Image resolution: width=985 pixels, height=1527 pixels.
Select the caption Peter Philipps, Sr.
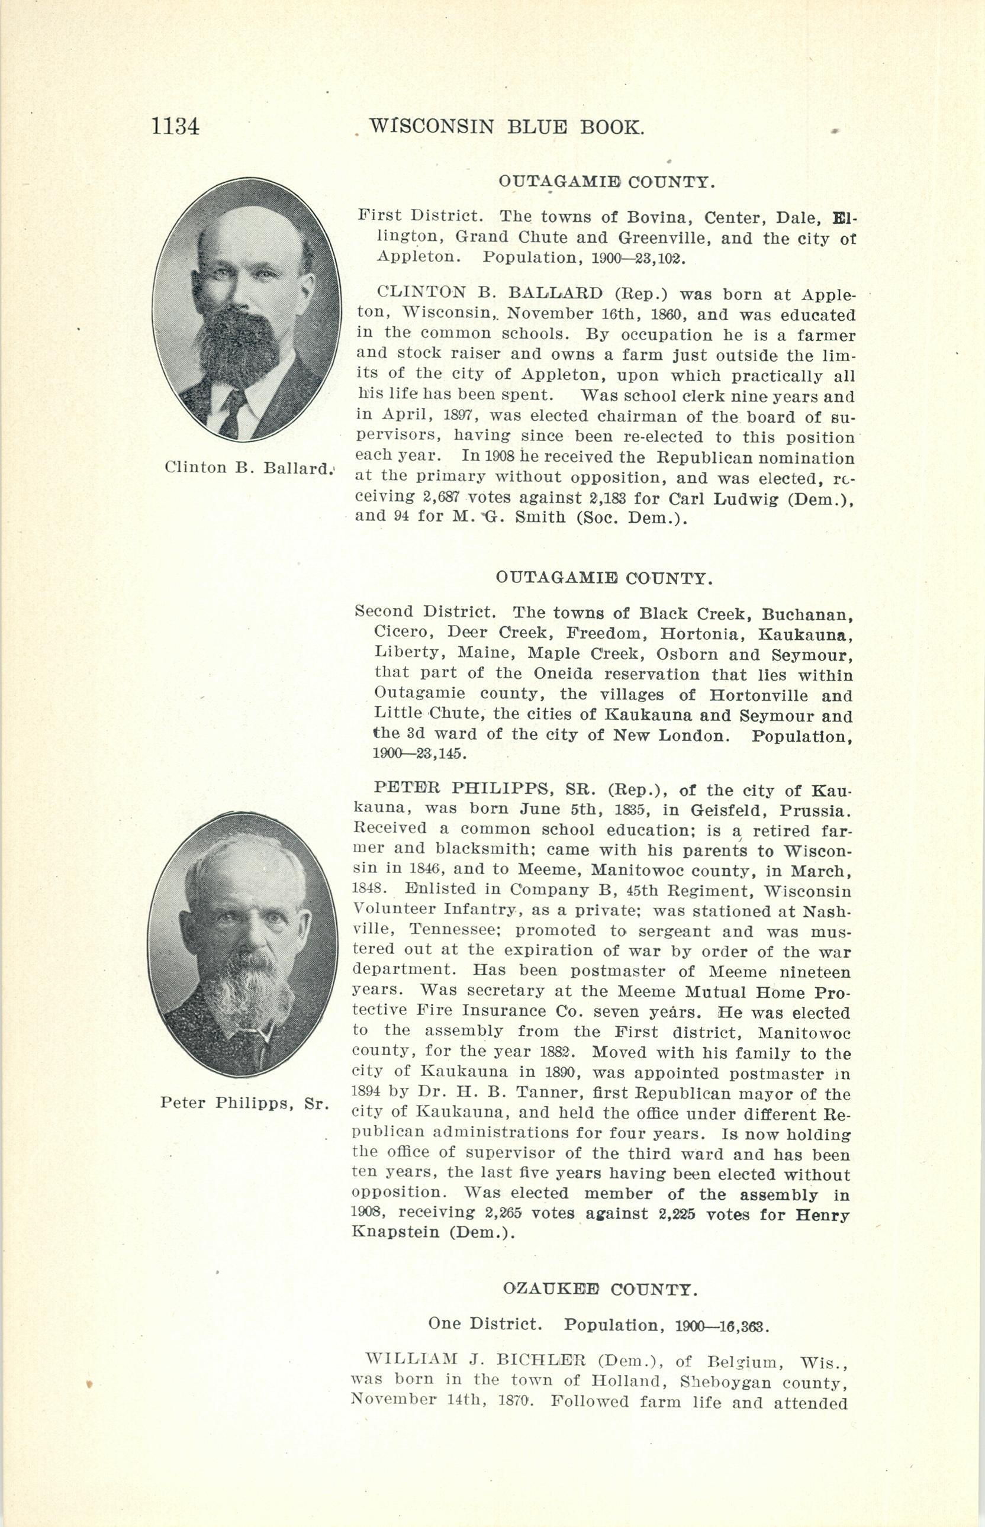[244, 1103]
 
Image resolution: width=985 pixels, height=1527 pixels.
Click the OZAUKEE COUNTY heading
[598, 1288]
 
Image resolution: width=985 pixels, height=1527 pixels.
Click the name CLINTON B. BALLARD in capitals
[490, 293]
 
